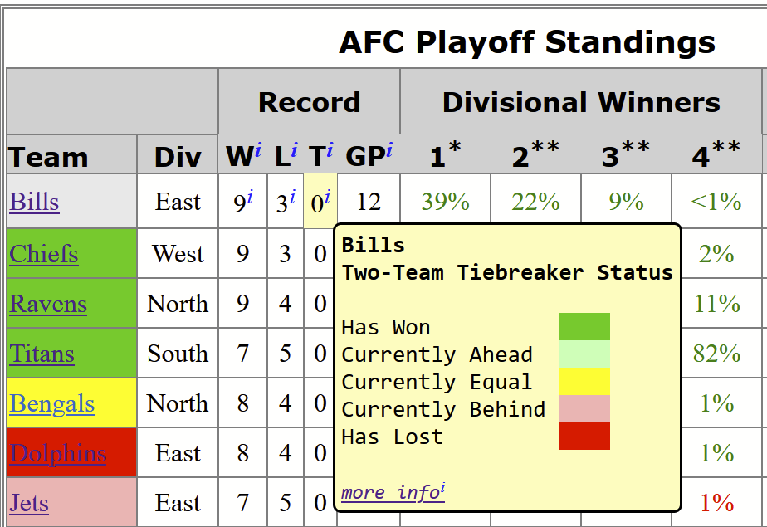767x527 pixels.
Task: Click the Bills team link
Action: [x=34, y=202]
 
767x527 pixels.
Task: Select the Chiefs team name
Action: [x=43, y=254]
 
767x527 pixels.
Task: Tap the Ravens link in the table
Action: [x=48, y=304]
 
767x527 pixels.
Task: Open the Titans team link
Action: [x=42, y=354]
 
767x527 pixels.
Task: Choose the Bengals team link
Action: [x=51, y=404]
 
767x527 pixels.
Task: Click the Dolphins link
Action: [x=58, y=453]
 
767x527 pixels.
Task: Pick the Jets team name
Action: [x=29, y=503]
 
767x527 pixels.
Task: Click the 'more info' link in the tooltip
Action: [x=393, y=492]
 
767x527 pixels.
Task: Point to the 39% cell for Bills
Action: [x=445, y=202]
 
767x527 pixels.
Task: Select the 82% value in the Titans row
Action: [x=716, y=354]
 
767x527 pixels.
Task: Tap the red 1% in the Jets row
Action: [x=716, y=503]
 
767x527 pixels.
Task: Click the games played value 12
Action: [x=369, y=202]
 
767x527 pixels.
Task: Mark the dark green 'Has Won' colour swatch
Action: [x=584, y=326]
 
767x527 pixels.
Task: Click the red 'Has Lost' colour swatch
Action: [x=584, y=436]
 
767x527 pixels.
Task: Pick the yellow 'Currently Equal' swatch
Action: [x=584, y=381]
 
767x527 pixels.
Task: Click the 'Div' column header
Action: [x=178, y=158]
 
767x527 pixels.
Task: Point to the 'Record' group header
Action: [x=309, y=102]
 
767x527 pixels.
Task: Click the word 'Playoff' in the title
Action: [x=475, y=42]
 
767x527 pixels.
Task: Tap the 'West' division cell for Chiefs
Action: [x=178, y=254]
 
